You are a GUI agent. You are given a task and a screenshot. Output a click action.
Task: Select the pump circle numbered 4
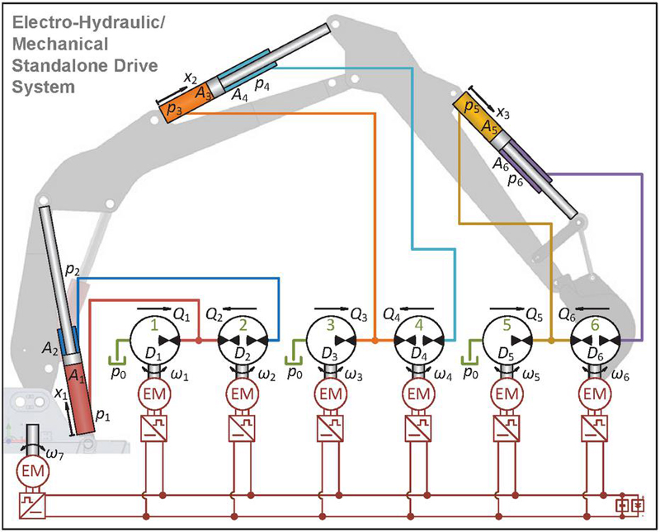coord(420,339)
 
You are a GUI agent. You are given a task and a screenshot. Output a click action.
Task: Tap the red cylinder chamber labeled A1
coord(80,395)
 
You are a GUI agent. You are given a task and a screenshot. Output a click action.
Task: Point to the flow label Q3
coord(359,313)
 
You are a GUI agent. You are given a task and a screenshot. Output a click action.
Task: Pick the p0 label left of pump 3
coord(294,372)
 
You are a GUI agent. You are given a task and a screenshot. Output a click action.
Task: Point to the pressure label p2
coord(72,270)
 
